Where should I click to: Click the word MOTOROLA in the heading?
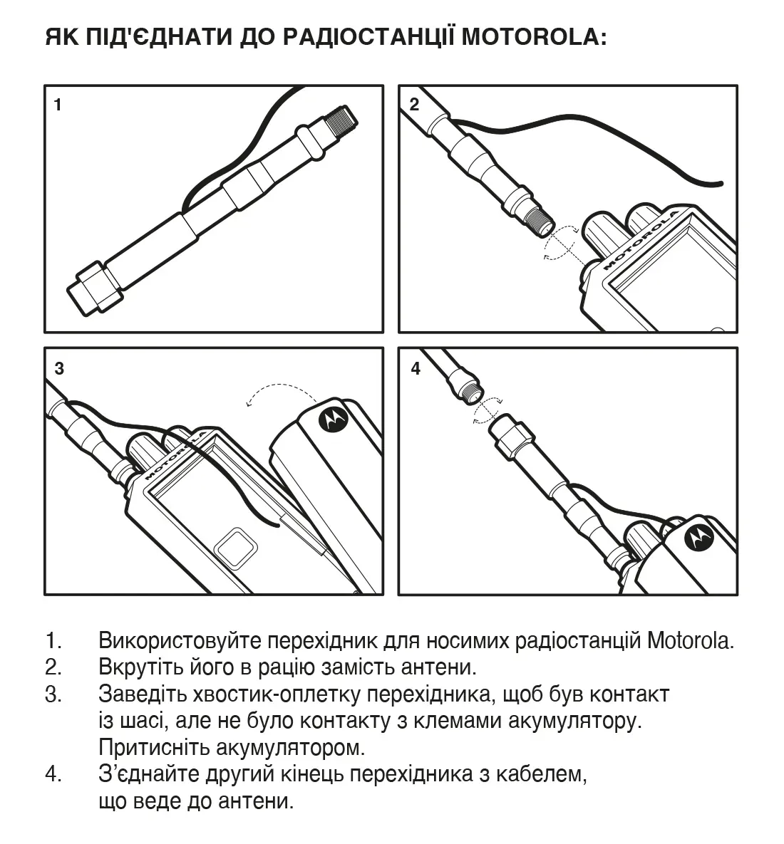(x=534, y=37)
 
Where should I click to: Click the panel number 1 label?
(x=58, y=105)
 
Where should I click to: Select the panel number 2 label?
(x=415, y=105)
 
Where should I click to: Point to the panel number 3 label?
(x=59, y=368)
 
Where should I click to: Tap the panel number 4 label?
(x=416, y=368)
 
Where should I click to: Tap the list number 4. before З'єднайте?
(x=54, y=774)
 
